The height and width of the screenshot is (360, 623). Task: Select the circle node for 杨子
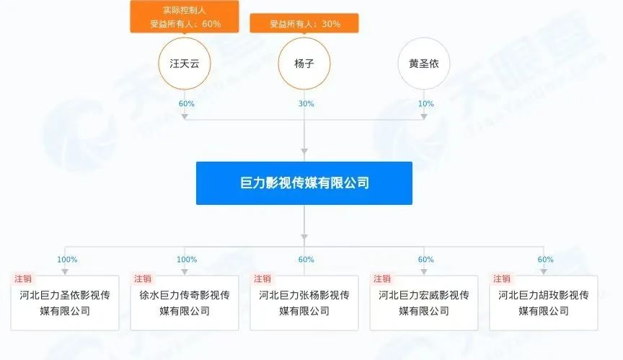[304, 63]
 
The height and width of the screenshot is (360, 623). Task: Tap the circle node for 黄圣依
[424, 63]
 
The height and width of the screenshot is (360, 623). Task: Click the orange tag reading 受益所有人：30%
[304, 24]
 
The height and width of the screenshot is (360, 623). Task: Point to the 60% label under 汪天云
[186, 104]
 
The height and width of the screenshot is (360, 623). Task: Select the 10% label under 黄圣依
[426, 104]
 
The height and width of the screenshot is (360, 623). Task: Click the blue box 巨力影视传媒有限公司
[304, 183]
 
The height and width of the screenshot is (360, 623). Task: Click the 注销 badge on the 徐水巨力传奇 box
[142, 278]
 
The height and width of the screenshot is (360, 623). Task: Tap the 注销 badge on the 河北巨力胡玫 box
[501, 278]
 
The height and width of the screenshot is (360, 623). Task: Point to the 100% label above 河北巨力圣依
[67, 260]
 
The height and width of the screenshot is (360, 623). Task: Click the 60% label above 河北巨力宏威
[426, 260]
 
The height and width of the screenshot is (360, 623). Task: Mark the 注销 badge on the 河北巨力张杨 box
[262, 278]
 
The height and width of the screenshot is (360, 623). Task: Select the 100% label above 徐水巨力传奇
[187, 260]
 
